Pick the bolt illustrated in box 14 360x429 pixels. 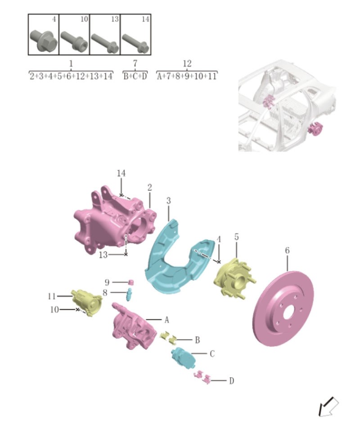pos(135,42)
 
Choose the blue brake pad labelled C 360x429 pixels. pos(182,357)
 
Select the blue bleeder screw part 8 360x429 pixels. pos(130,295)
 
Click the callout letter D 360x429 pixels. pos(231,381)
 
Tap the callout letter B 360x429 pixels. pos(197,340)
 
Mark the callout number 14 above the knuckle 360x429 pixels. pos(121,173)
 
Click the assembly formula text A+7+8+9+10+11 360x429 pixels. pos(187,76)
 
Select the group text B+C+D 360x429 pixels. pos(135,76)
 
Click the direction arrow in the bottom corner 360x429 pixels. pos(327,407)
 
